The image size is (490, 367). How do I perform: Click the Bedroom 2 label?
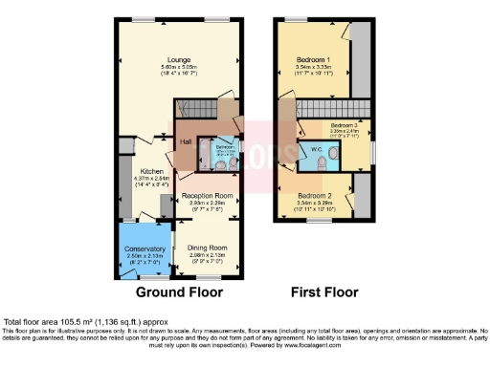pos(317,195)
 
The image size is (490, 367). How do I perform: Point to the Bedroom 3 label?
pos(345,125)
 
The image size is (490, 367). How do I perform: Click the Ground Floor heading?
pos(179,292)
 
